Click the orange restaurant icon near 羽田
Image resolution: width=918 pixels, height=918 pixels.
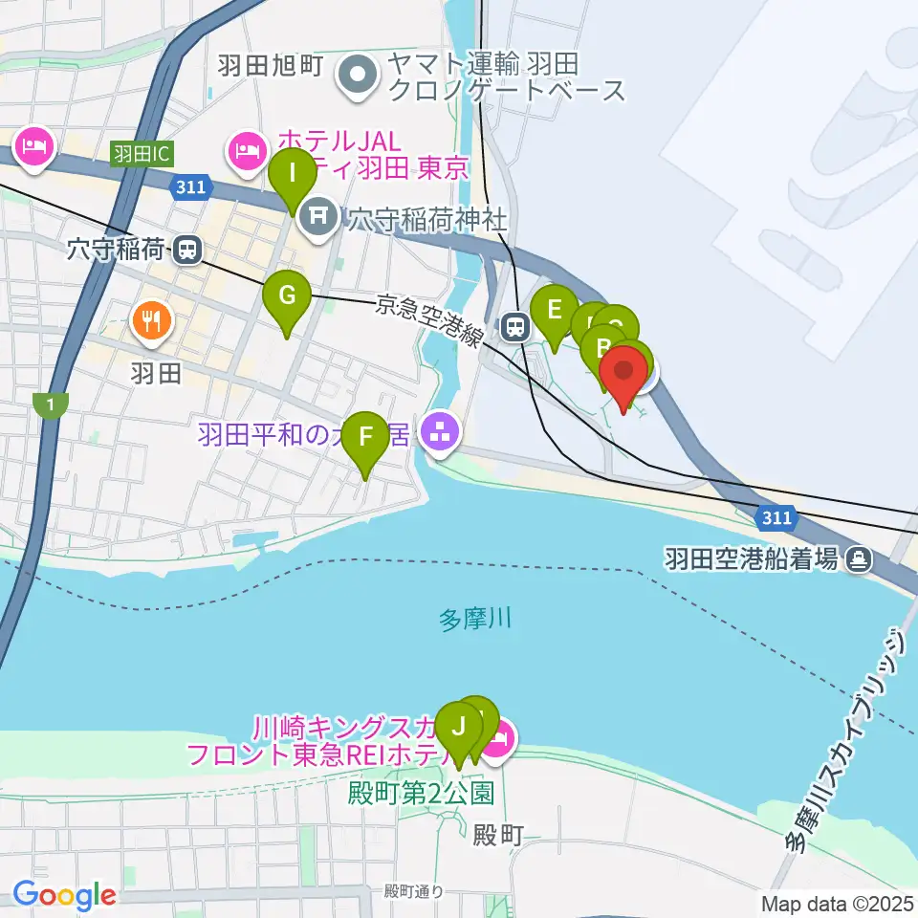point(150,318)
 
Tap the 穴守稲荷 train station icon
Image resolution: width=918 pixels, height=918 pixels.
point(187,251)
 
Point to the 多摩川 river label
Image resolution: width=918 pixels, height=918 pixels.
point(475,619)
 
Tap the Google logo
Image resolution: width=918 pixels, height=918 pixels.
point(64,896)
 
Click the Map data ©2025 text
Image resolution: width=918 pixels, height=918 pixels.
point(837,903)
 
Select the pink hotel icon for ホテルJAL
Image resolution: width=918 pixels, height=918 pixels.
point(247,150)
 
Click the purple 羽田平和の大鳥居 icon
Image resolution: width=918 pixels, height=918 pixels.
point(441,435)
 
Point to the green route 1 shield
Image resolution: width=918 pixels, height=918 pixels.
point(50,405)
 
